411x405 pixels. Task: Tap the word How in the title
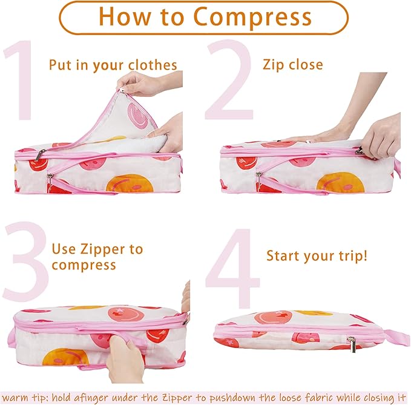point(125,16)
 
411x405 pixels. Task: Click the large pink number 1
point(19,81)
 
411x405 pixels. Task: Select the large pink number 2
point(229,80)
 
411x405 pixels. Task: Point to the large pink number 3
point(25,261)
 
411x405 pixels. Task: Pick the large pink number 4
point(232,268)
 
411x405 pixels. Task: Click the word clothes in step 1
point(153,65)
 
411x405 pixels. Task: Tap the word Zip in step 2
point(271,65)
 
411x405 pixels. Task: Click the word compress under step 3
point(84,266)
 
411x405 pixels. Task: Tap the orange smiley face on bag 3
point(65,356)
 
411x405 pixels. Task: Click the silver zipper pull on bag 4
point(352,344)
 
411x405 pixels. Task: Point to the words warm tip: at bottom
point(25,398)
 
